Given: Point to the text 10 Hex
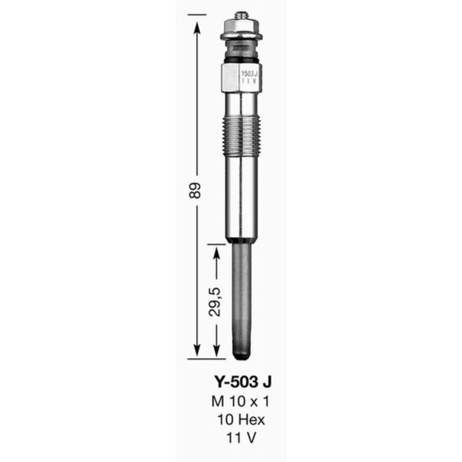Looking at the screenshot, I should tap(241, 418).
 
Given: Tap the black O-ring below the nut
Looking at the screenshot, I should tap(241, 59).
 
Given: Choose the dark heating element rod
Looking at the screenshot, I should tap(242, 297).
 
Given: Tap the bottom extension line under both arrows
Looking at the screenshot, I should tap(211, 358).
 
